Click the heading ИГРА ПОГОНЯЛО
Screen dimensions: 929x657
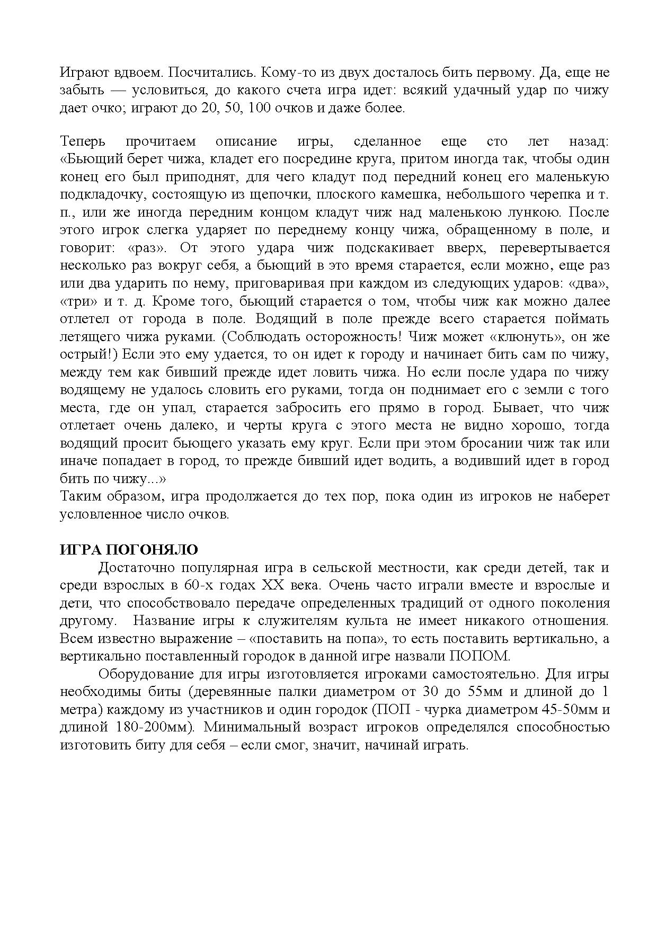point(129,549)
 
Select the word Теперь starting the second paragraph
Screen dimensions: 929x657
point(83,141)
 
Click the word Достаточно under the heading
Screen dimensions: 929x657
point(136,568)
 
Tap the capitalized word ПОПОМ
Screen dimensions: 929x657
point(480,656)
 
